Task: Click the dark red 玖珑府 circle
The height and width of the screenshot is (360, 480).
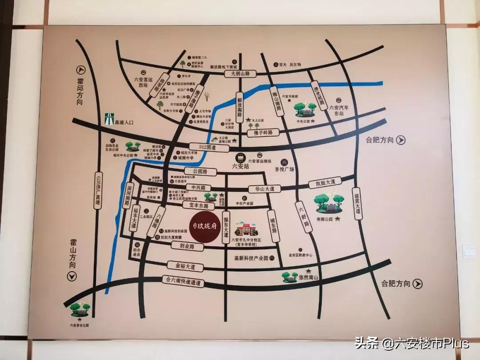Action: coord(205,225)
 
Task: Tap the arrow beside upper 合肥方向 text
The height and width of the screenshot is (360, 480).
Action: coord(401,140)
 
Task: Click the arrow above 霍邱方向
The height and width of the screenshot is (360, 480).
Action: coord(80,69)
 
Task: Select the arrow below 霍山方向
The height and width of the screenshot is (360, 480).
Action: coord(72,276)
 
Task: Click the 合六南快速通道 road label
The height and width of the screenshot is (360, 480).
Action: coord(181,281)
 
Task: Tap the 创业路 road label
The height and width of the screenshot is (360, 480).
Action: coord(188,246)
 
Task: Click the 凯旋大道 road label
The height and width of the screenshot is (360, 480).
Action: coord(322,182)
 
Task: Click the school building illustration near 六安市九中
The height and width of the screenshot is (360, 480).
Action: coord(246,229)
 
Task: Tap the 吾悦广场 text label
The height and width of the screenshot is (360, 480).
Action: coord(284,169)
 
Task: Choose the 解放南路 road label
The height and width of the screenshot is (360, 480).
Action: coord(240,107)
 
